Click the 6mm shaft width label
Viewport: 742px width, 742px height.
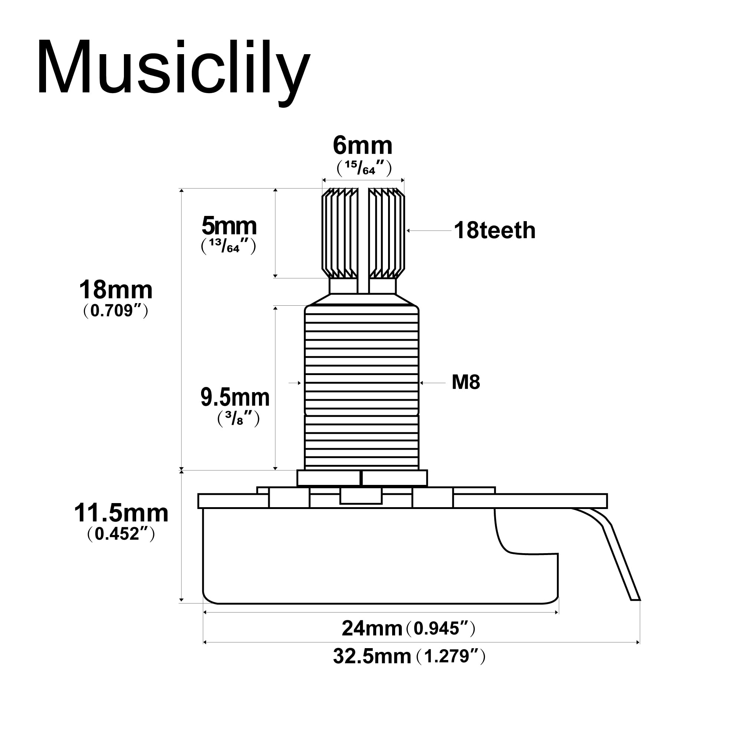pos(362,146)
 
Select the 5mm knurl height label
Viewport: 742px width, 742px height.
pos(229,226)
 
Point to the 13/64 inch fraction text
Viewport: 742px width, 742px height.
pos(229,246)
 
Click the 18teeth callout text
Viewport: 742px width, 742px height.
pos(494,231)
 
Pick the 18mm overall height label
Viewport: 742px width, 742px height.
pos(116,290)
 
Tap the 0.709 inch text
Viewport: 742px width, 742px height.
pos(116,311)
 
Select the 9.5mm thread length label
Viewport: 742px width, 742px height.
pos(235,398)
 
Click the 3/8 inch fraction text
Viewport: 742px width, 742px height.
pos(239,418)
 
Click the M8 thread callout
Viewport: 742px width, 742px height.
pos(466,383)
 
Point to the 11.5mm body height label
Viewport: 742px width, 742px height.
pos(121,513)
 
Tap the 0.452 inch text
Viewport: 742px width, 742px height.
pos(121,534)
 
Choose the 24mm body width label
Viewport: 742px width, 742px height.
pos(372,629)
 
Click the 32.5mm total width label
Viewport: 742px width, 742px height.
pos(372,656)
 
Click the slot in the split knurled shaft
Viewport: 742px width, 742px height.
pos(363,238)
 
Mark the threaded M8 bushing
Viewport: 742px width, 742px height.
pos(362,388)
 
